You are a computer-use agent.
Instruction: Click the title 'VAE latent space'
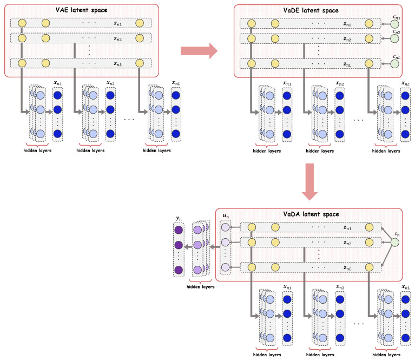coord(82,10)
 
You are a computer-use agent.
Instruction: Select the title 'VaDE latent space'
coord(311,10)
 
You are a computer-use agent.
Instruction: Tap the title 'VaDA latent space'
coord(311,214)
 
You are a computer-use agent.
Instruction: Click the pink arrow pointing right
coord(199,50)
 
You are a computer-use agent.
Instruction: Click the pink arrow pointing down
coord(309,182)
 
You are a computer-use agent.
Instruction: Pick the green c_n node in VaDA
coord(395,243)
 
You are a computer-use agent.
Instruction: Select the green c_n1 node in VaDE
coord(395,24)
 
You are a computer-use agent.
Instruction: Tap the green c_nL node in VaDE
coord(395,64)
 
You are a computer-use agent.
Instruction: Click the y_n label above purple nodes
coord(179,219)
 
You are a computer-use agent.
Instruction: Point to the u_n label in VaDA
coord(226,216)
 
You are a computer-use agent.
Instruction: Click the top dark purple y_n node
coord(179,230)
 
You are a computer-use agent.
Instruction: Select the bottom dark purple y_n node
coord(179,270)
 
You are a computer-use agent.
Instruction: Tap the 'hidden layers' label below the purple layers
coord(200,286)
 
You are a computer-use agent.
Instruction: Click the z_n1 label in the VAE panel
coord(118,24)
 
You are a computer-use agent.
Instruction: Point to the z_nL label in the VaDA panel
coord(347,269)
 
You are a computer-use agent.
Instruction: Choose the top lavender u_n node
coord(225,227)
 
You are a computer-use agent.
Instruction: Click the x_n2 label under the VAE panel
coord(110,83)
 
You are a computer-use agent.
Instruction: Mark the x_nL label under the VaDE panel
coord(405,83)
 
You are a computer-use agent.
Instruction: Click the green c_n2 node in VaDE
coord(395,38)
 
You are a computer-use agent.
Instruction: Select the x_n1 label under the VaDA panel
coord(287,287)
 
